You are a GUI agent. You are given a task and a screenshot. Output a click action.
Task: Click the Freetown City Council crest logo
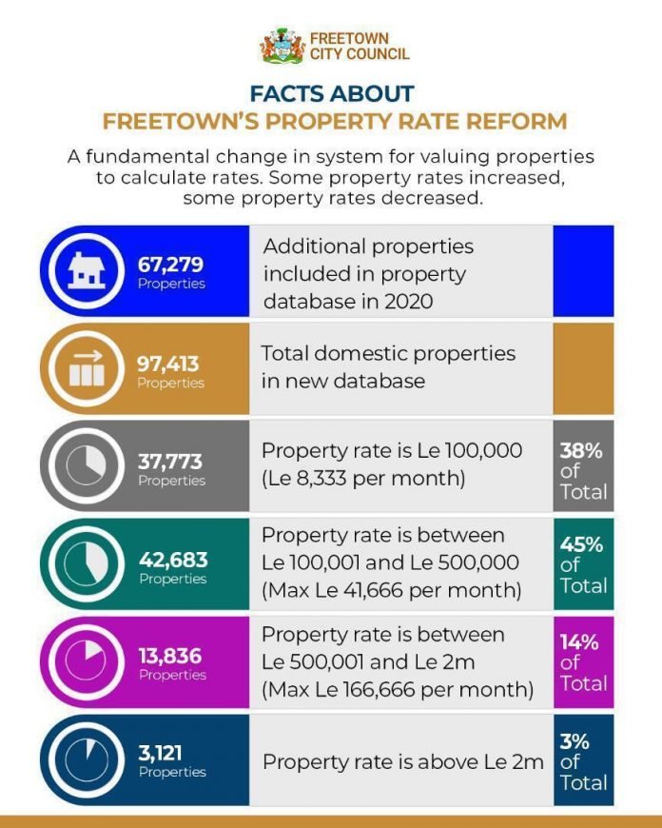click(x=283, y=46)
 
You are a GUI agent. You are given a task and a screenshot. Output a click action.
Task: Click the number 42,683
click(x=172, y=560)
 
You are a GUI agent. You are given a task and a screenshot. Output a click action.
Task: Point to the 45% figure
click(x=581, y=544)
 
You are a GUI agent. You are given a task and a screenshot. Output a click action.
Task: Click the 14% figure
click(x=579, y=641)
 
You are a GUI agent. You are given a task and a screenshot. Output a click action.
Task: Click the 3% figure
click(x=574, y=740)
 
